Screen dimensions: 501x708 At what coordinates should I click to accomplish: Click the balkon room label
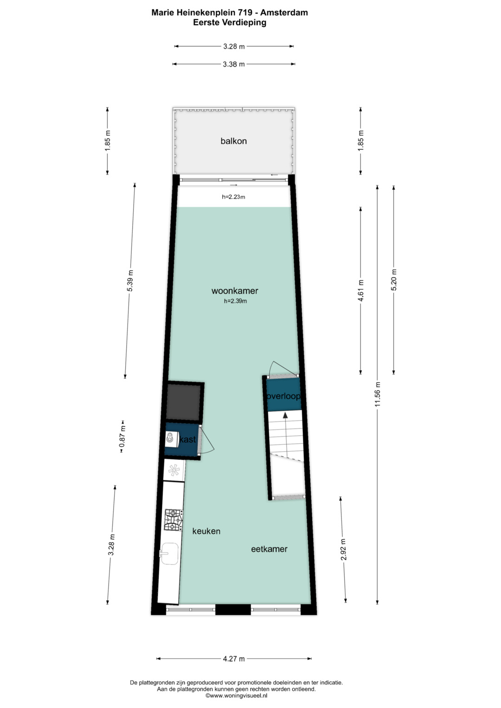(x=233, y=141)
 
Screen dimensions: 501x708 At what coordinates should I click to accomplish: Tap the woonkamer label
(x=235, y=291)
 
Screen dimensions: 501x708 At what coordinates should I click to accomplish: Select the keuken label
(x=206, y=531)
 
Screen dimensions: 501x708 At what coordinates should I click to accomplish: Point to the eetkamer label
(x=269, y=549)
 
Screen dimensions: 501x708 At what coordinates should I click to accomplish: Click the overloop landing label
(x=283, y=396)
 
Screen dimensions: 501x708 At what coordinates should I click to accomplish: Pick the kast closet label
(x=187, y=440)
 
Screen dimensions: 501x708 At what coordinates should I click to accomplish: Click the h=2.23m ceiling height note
(x=233, y=197)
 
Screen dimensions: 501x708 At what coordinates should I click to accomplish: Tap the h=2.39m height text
(x=235, y=301)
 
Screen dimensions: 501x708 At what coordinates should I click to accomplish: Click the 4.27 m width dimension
(x=234, y=659)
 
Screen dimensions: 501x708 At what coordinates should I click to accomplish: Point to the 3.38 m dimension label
(x=234, y=64)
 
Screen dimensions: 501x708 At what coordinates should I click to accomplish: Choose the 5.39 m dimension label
(x=130, y=281)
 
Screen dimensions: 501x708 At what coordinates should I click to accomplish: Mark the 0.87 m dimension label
(x=122, y=436)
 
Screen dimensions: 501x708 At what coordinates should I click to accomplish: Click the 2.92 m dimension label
(x=343, y=549)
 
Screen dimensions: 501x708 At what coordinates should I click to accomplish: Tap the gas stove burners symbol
(x=173, y=520)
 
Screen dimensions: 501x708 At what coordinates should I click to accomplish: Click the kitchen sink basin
(x=169, y=554)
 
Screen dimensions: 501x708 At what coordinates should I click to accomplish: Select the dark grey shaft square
(x=184, y=402)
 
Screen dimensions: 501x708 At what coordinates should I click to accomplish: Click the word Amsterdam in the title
(x=284, y=13)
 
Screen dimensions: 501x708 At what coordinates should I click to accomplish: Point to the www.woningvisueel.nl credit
(x=236, y=695)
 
